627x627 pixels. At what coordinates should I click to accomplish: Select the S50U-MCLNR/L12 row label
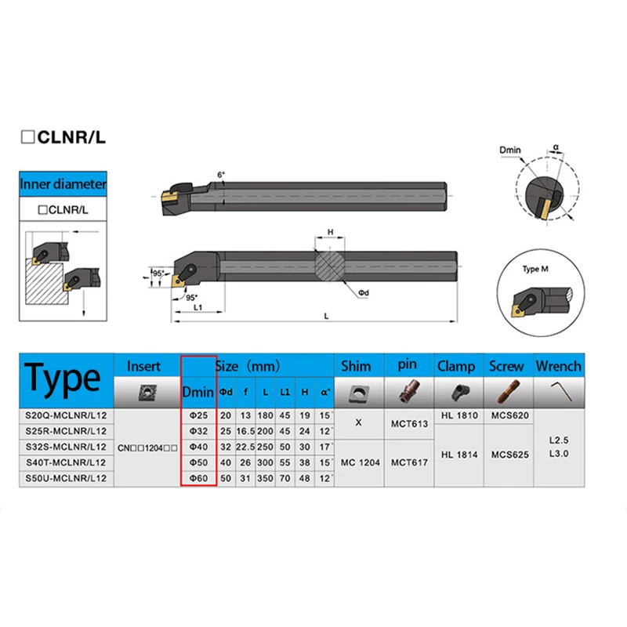point(66,477)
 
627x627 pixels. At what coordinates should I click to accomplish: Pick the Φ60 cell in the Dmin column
point(198,477)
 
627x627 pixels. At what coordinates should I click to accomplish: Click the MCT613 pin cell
point(408,424)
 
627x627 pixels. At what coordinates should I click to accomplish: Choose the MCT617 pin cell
point(408,462)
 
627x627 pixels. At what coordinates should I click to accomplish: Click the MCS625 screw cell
point(506,455)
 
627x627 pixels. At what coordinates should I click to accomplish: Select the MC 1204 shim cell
point(359,462)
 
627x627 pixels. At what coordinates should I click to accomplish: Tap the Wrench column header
point(558,366)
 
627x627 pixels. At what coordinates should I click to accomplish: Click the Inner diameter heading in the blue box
point(63,185)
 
